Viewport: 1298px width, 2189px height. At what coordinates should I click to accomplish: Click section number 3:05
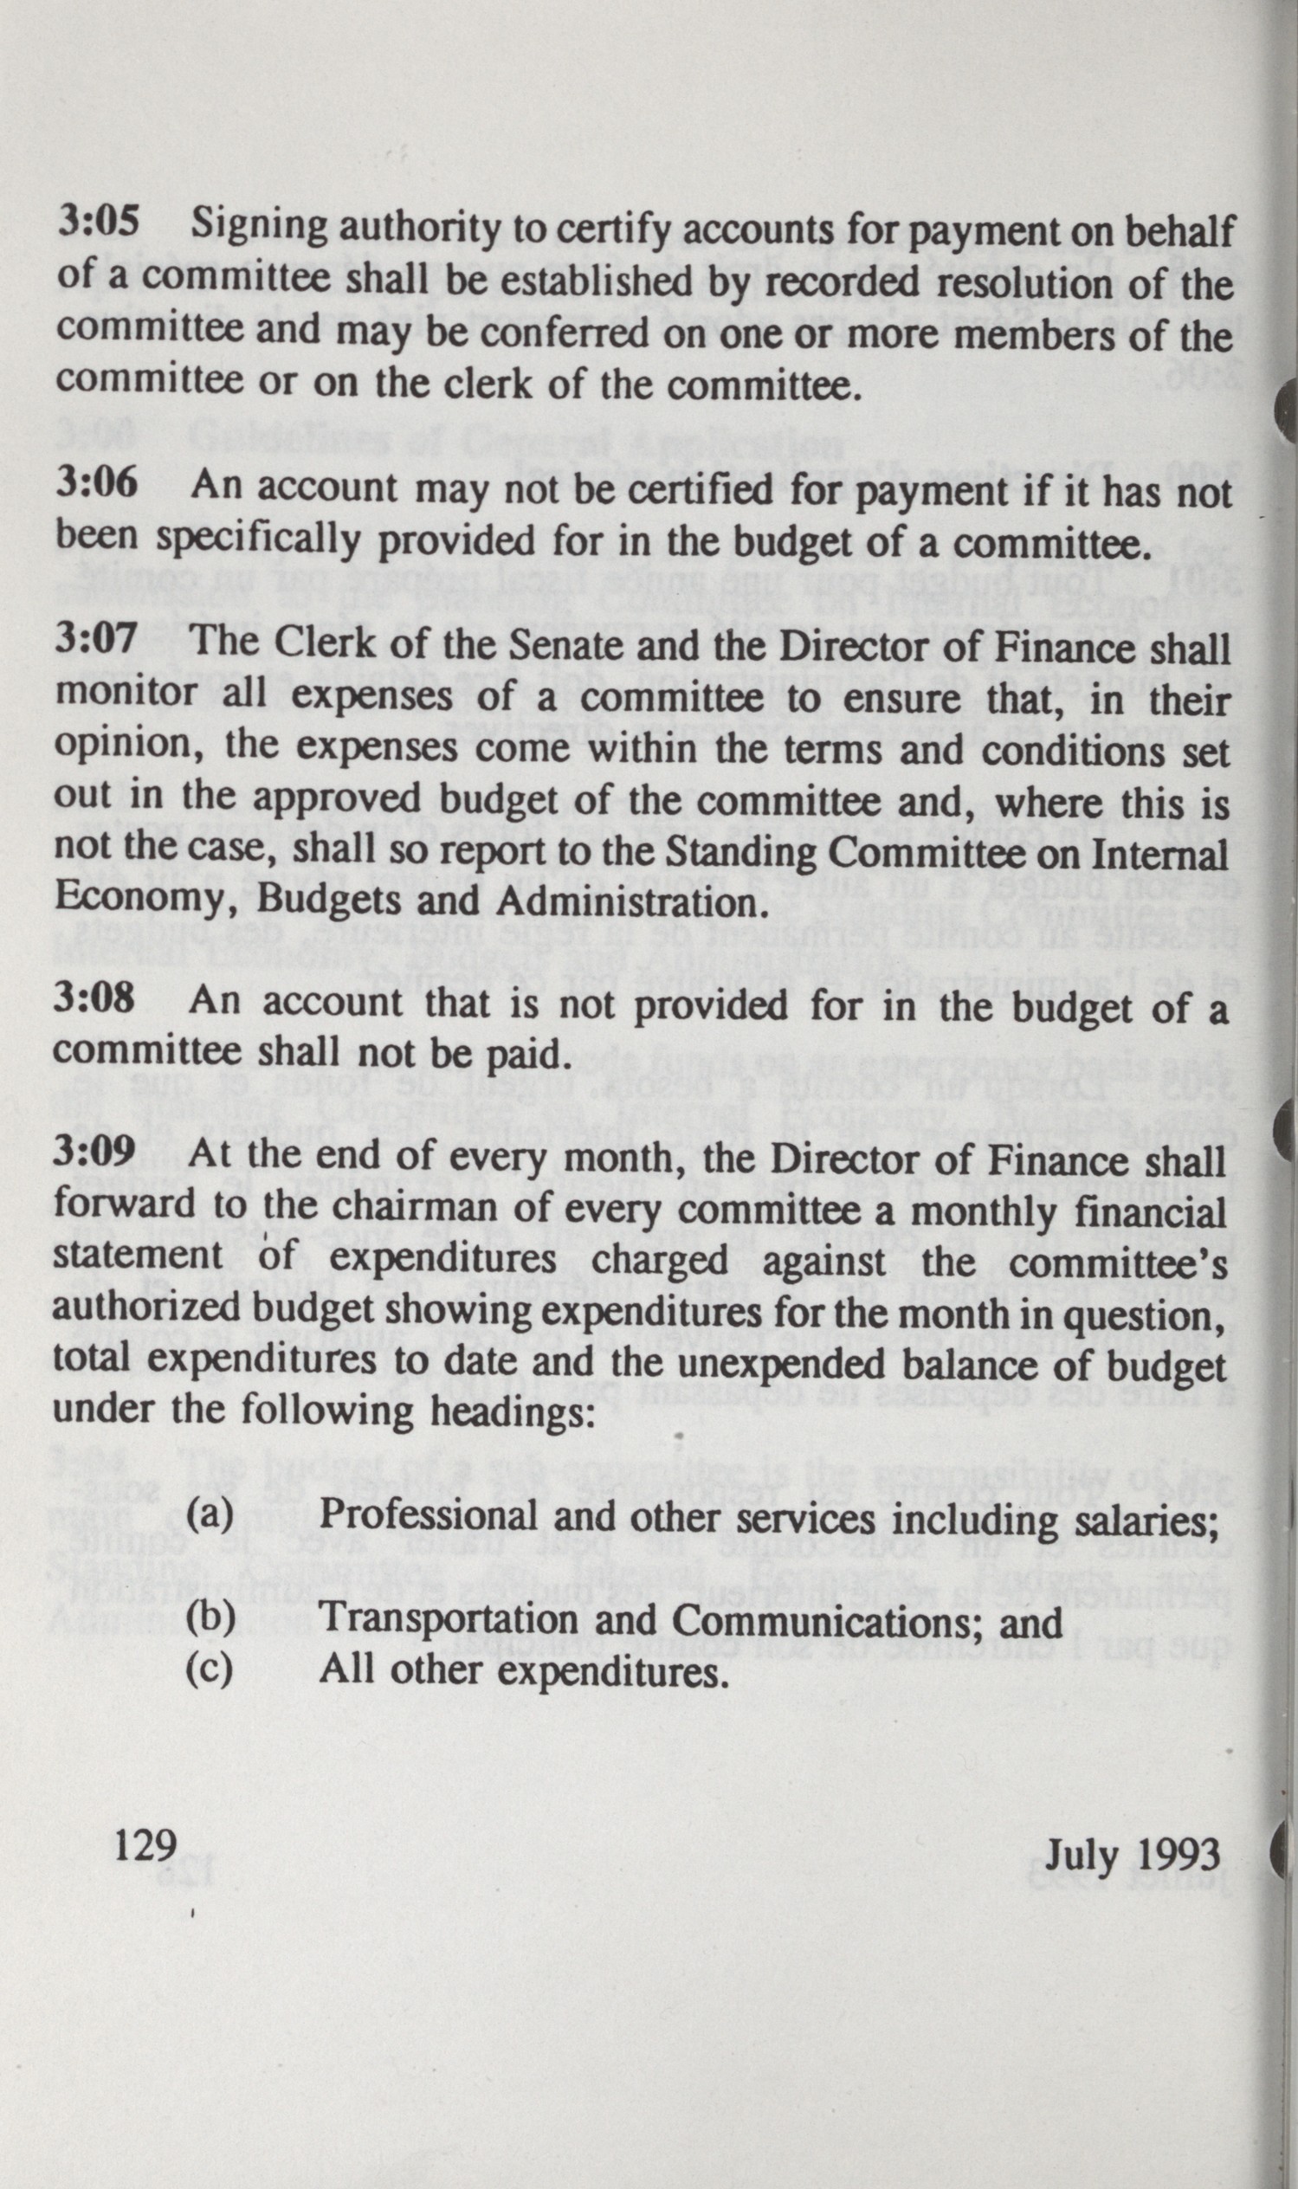coord(98,225)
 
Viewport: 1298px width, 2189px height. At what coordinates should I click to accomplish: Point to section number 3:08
coord(94,999)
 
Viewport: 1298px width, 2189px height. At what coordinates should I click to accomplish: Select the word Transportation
coord(449,1622)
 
